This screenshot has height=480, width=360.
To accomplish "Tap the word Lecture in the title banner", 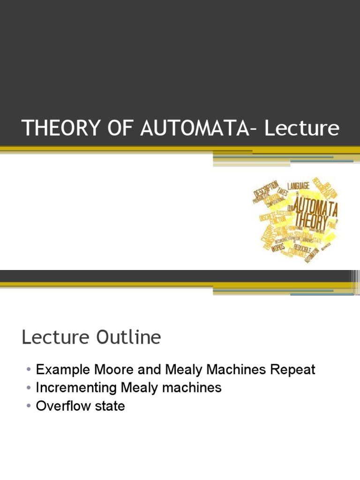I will point(301,128).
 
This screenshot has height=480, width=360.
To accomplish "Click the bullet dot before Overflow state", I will point(29,406).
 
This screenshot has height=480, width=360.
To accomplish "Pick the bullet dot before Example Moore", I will point(29,370).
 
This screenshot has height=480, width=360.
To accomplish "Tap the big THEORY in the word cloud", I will point(310,224).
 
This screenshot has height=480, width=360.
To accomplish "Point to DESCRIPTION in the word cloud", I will point(266,190).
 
